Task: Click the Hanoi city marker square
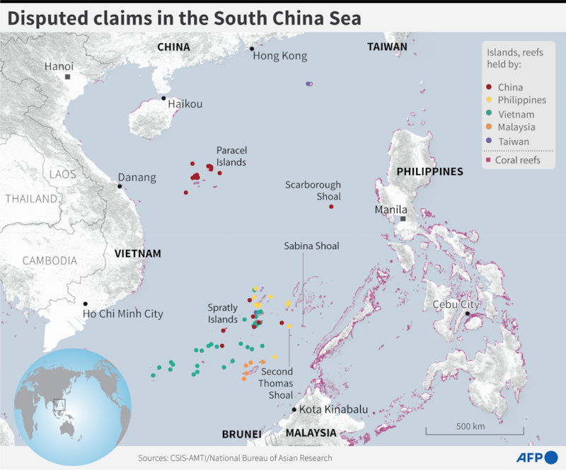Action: pos(68,76)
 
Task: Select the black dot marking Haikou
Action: pos(163,98)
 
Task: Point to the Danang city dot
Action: pos(120,186)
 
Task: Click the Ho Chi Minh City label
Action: pos(122,314)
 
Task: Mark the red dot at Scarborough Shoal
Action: pos(331,207)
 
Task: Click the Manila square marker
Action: pos(403,219)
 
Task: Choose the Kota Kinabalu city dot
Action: pos(294,409)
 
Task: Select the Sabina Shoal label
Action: pos(311,246)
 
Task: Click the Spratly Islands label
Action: pos(222,314)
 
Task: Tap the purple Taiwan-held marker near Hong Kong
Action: pos(308,84)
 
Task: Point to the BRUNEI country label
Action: pos(241,433)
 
